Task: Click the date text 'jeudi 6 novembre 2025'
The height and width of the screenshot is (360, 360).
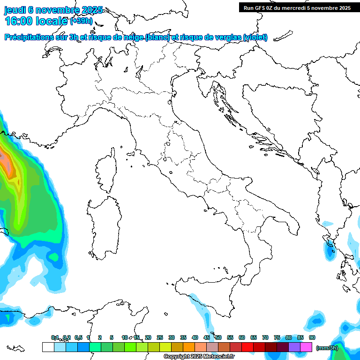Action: tap(53, 10)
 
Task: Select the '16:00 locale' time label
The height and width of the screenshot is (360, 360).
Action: tap(37, 21)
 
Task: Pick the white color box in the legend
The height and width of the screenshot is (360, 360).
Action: tap(48, 347)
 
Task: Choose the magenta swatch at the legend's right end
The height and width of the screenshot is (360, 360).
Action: tap(306, 347)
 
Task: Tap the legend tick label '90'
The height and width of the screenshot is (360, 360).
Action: tap(312, 337)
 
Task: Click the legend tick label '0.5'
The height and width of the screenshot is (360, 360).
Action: tap(78, 337)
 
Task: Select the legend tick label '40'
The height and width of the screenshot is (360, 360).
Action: tap(195, 337)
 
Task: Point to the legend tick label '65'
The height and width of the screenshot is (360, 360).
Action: tap(254, 337)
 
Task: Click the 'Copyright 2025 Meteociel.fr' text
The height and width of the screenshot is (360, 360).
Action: tap(199, 357)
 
